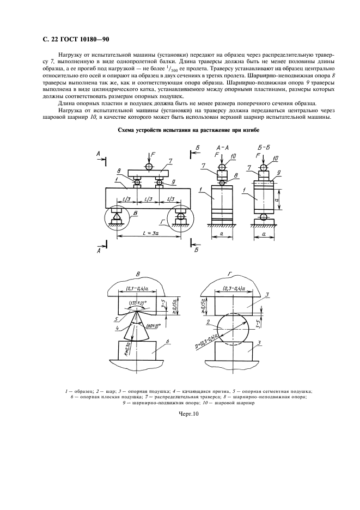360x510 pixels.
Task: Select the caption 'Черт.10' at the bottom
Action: (x=180, y=414)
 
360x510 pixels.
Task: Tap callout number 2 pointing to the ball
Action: (x=209, y=323)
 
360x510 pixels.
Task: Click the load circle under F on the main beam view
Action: (x=145, y=166)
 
